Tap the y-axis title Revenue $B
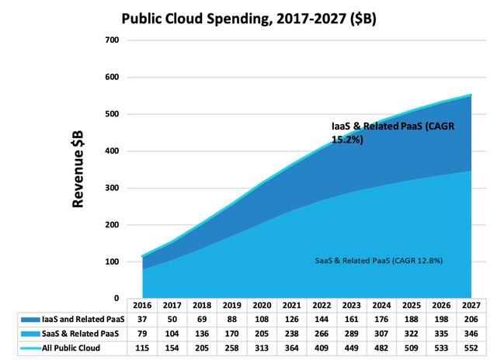[78, 168]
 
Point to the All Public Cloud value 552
[469, 348]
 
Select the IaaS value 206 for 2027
[469, 320]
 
